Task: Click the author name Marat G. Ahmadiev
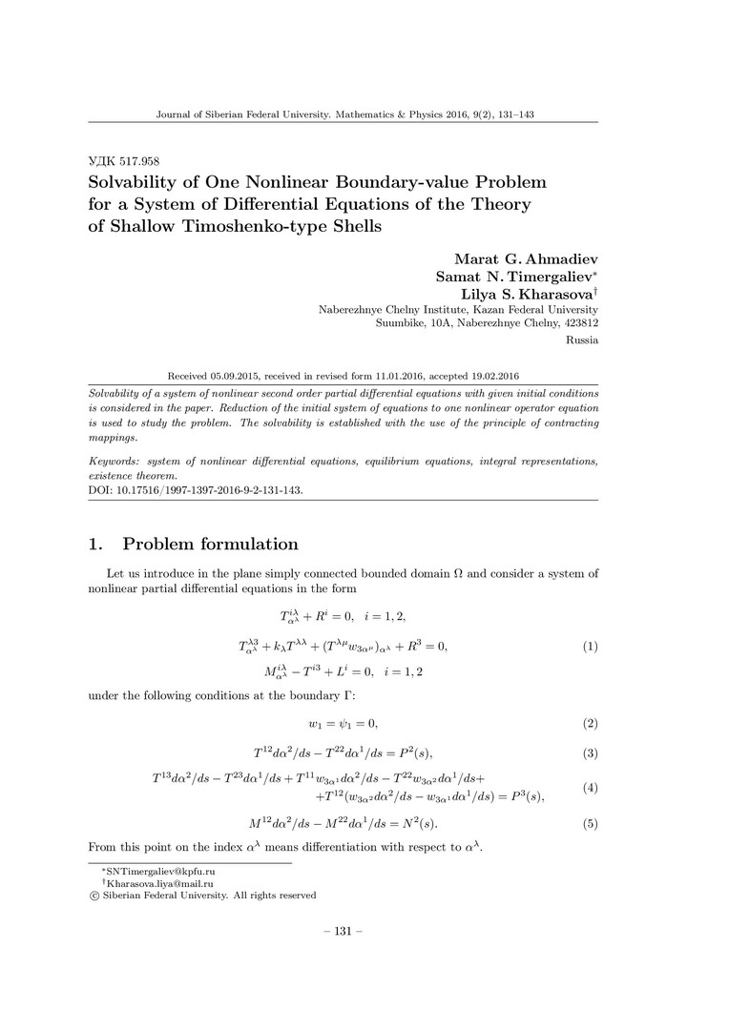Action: (x=522, y=258)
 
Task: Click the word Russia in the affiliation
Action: (x=582, y=340)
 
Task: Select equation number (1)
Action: (x=590, y=646)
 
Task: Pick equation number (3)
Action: (x=590, y=754)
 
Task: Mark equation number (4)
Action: (x=590, y=788)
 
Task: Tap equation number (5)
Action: (x=590, y=823)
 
